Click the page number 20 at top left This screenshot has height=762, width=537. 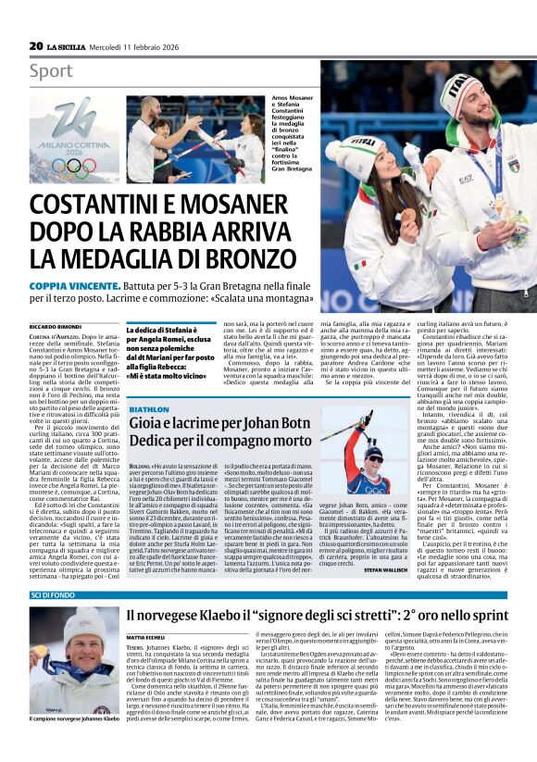click(36, 45)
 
